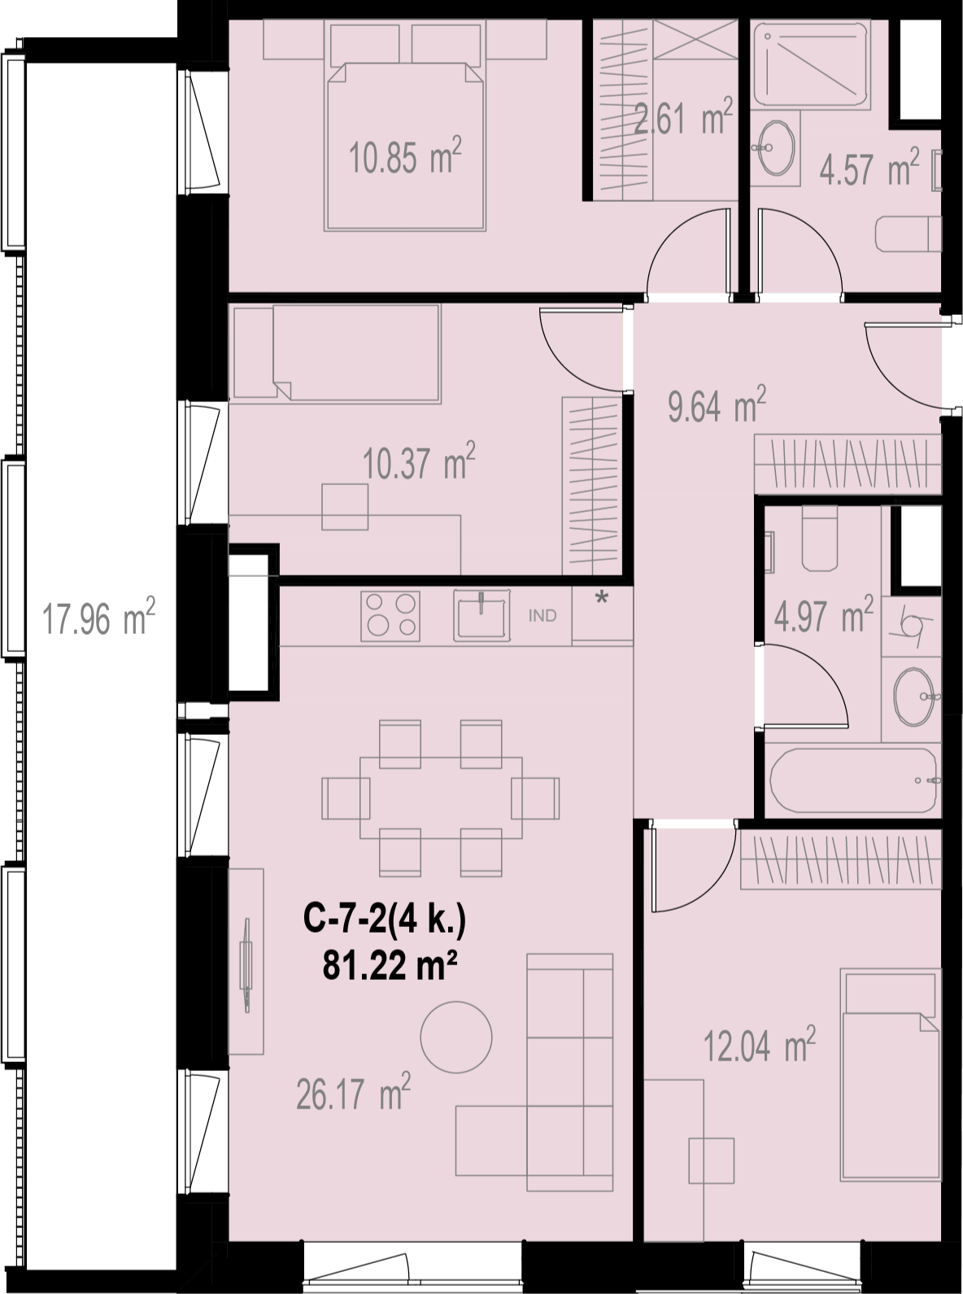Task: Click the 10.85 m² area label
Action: (405, 155)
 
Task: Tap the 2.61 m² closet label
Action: (683, 116)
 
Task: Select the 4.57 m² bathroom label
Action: (869, 167)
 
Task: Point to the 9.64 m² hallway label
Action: (717, 404)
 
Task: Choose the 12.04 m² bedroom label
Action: (760, 1044)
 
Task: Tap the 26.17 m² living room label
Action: (354, 1091)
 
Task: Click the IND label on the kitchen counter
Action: (543, 615)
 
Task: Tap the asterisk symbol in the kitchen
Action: (602, 598)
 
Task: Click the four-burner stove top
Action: (390, 616)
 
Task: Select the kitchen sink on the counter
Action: (481, 615)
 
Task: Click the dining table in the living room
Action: (441, 798)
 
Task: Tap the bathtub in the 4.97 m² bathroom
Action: (853, 780)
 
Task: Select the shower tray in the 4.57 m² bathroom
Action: (811, 64)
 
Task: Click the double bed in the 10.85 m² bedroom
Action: (406, 146)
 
